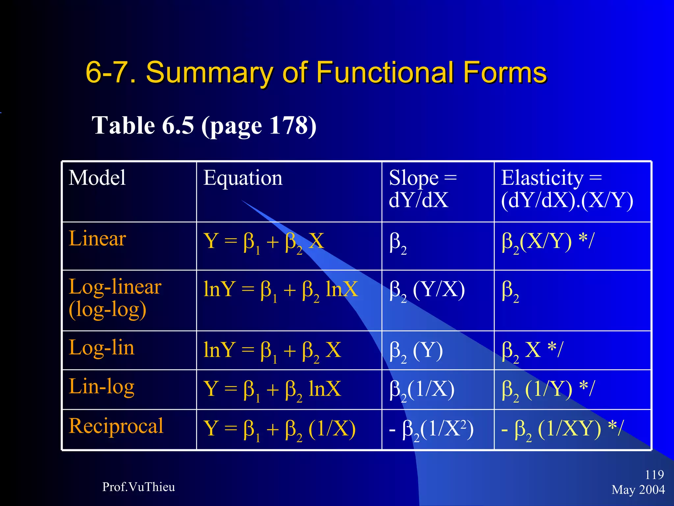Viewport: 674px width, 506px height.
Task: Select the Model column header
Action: click(97, 178)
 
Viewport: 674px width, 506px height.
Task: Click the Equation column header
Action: click(243, 178)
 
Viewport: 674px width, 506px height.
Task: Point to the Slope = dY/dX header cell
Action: click(423, 189)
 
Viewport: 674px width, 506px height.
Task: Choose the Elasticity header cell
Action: click(567, 189)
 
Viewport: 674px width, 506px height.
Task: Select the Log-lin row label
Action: click(102, 348)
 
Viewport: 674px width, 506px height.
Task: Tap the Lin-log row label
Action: click(102, 387)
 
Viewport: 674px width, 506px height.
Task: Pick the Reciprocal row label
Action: click(116, 426)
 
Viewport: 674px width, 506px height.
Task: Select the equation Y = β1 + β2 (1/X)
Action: click(279, 429)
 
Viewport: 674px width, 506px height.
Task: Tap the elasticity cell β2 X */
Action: click(532, 351)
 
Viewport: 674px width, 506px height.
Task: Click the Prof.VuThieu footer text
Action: click(139, 487)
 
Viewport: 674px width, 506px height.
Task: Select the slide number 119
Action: click(654, 475)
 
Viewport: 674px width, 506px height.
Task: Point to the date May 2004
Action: click(638, 490)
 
